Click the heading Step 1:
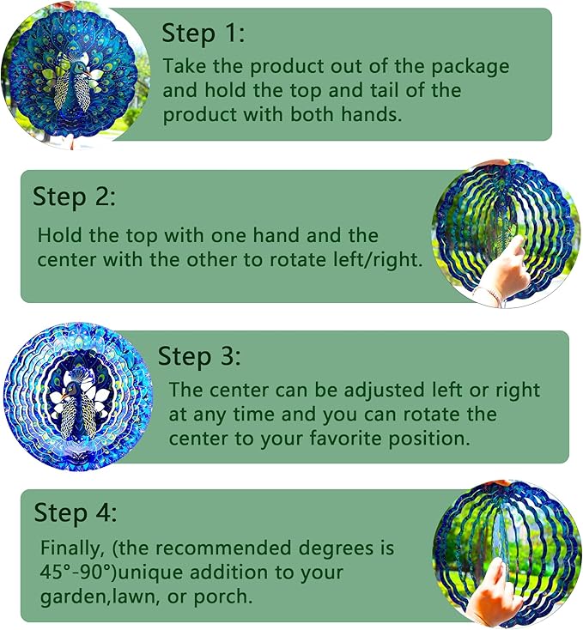point(203,33)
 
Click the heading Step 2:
point(74,196)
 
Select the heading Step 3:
point(199,356)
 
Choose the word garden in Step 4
point(70,595)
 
